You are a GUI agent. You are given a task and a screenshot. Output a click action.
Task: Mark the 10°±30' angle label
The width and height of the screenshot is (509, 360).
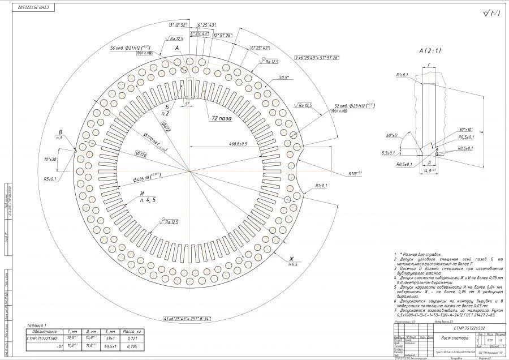click(50, 159)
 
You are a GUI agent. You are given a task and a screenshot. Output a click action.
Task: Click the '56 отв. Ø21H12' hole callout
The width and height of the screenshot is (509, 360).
click(130, 48)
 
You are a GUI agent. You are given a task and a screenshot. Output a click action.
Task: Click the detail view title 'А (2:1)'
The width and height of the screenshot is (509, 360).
click(430, 52)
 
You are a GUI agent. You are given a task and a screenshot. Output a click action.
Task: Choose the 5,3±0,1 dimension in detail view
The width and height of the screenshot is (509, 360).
click(389, 152)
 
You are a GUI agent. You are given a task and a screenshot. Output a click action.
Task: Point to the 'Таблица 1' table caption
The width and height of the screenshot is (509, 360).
click(38, 325)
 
